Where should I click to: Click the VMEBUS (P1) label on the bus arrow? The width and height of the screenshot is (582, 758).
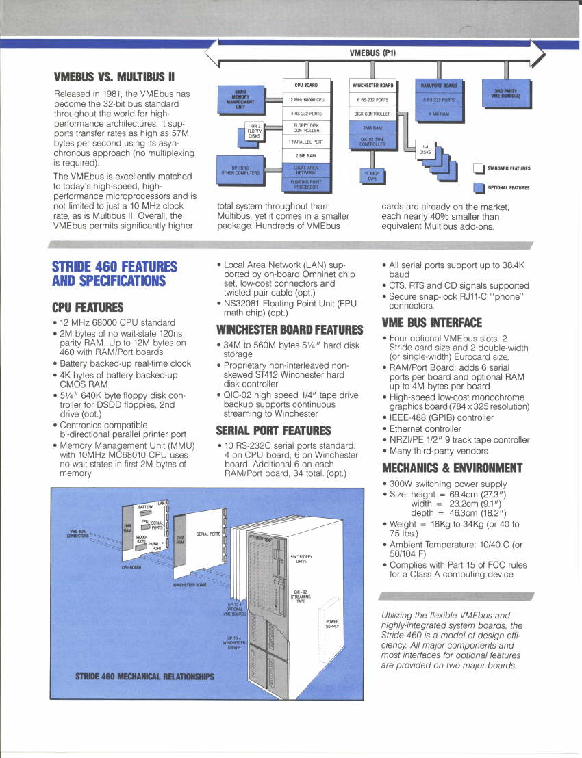(372, 53)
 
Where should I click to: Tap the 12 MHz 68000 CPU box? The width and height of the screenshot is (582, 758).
(306, 100)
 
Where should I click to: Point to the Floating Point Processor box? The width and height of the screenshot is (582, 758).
(306, 185)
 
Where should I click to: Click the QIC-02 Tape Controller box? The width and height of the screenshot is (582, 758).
(372, 142)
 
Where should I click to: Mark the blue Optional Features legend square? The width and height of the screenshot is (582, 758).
(479, 188)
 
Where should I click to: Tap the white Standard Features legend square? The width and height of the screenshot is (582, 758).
(479, 168)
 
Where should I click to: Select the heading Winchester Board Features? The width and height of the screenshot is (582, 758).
(289, 330)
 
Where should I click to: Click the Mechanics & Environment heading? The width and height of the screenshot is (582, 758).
(452, 469)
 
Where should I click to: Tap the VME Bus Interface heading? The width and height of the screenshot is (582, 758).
(431, 322)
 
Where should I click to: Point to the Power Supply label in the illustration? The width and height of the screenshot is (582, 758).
(332, 624)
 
